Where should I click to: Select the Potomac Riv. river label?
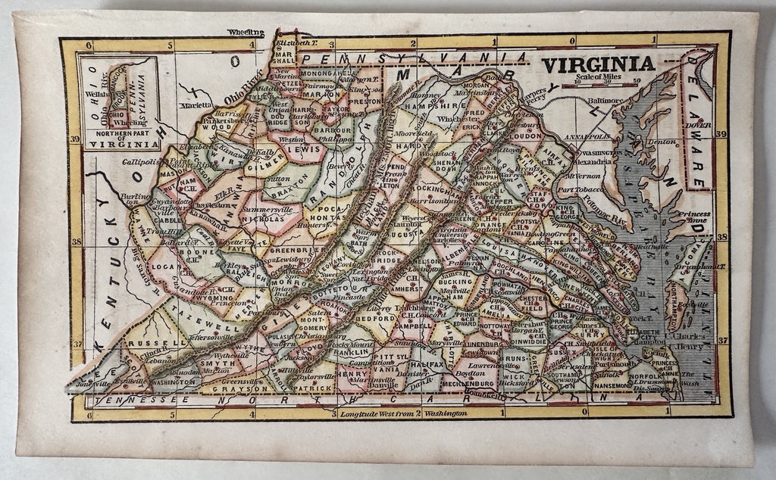[602, 203]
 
